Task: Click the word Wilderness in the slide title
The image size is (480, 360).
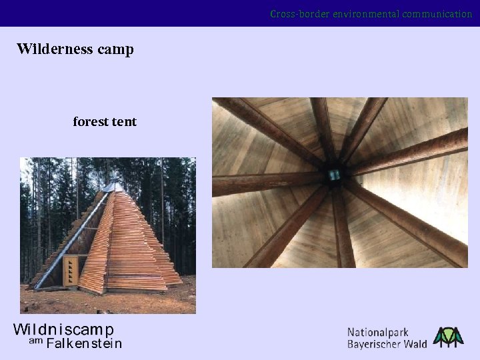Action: click(55, 49)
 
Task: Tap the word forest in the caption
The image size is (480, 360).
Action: click(91, 122)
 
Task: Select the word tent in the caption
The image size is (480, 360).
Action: click(125, 122)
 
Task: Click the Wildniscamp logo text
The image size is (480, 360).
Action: click(64, 329)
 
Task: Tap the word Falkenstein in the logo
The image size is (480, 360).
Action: click(84, 344)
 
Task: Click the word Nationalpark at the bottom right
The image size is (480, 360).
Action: click(377, 332)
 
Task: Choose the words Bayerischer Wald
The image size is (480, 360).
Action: click(387, 344)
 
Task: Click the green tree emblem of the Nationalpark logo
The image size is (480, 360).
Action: click(448, 337)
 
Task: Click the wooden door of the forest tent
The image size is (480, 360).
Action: click(69, 271)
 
